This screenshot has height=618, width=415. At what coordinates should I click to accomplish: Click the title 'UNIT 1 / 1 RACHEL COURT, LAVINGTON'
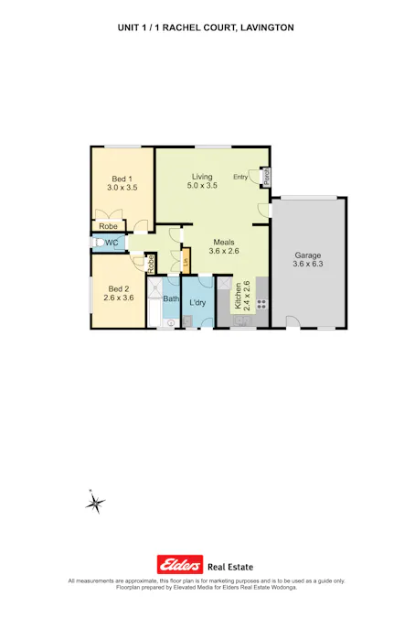click(207, 28)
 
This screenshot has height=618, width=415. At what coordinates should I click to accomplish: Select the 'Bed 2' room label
click(119, 287)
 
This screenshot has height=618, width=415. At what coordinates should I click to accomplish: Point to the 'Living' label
click(202, 176)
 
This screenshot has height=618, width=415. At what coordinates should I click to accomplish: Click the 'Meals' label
click(224, 241)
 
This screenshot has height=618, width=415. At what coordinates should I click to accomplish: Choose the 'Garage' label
click(307, 255)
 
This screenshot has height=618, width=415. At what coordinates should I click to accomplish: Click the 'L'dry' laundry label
click(197, 302)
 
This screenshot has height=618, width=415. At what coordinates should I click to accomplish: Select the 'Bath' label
click(171, 298)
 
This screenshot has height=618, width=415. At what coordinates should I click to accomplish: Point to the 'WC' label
click(112, 243)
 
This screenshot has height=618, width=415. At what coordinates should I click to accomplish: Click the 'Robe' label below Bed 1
click(108, 226)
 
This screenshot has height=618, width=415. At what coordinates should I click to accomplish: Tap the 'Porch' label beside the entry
click(266, 177)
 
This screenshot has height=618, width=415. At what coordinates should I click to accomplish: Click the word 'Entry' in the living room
click(241, 177)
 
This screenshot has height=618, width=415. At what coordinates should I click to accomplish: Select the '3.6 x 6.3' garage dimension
click(307, 265)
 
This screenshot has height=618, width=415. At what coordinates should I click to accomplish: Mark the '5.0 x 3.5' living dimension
click(202, 186)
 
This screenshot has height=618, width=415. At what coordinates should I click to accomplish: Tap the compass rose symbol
click(95, 502)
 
